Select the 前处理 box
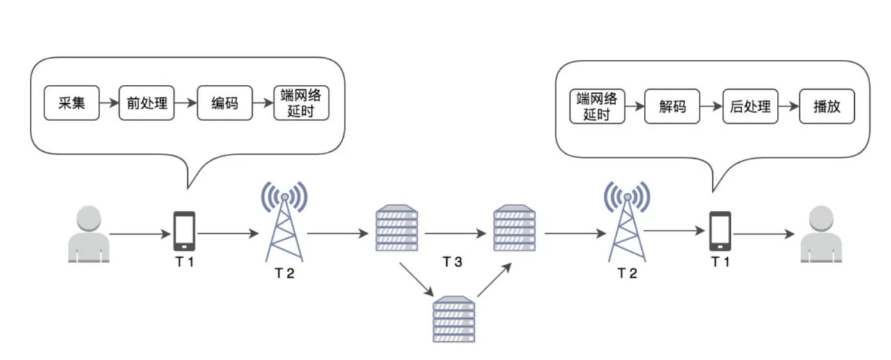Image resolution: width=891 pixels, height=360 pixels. (x=147, y=104)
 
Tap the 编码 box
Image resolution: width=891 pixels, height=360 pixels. (x=224, y=104)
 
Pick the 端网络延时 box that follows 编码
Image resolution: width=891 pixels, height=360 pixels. (x=301, y=103)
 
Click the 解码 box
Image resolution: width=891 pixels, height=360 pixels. (x=672, y=107)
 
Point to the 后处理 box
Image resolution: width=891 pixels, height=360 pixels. (x=750, y=107)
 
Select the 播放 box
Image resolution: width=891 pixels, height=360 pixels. (x=826, y=107)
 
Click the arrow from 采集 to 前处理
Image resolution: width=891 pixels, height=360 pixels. (x=109, y=104)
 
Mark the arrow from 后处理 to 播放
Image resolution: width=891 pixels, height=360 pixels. (x=788, y=107)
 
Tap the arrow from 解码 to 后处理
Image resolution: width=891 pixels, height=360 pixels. (x=711, y=107)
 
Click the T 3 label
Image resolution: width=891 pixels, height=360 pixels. (x=452, y=262)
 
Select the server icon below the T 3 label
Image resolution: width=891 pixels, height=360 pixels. (x=454, y=318)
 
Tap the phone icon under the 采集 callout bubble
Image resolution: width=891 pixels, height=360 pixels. (x=184, y=231)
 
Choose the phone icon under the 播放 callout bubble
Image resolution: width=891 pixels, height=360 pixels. (x=720, y=231)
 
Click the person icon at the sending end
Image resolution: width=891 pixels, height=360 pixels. (x=89, y=234)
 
